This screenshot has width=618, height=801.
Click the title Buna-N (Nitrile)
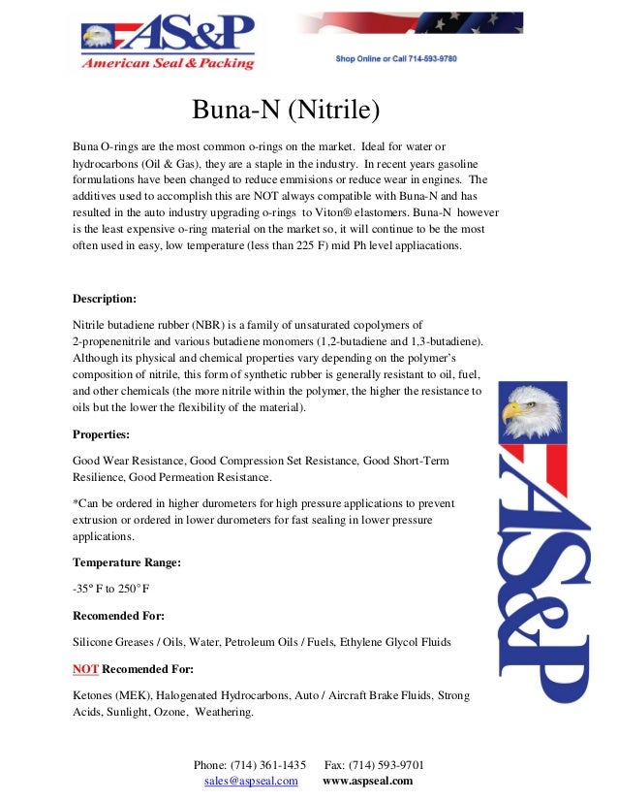point(284,111)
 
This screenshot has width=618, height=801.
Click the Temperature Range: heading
point(127,561)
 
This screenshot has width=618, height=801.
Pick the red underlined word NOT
point(85,669)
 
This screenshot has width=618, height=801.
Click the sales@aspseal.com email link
point(251,781)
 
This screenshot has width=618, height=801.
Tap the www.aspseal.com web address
point(367,781)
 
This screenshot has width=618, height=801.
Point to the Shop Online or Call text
point(396,59)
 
